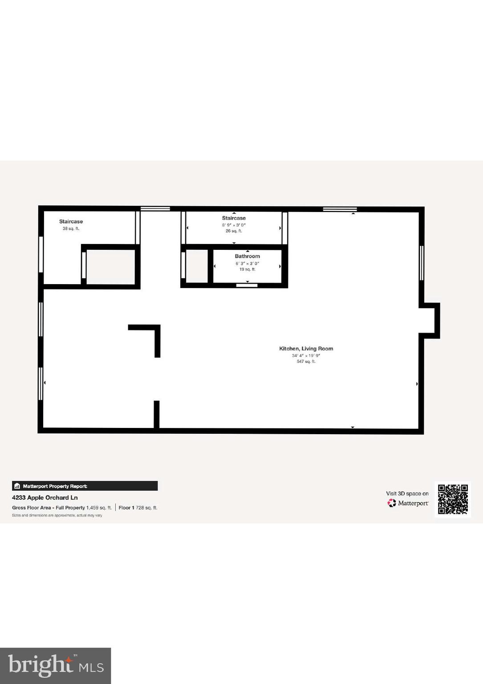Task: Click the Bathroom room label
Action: pyautogui.click(x=247, y=256)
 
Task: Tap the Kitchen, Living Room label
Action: pyautogui.click(x=306, y=349)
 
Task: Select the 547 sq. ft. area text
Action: pyautogui.click(x=306, y=362)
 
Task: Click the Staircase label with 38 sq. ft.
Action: pyautogui.click(x=71, y=221)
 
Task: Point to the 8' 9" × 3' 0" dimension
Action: pyautogui.click(x=234, y=225)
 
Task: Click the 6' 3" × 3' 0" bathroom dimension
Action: pyautogui.click(x=247, y=264)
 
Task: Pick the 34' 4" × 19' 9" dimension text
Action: pyautogui.click(x=306, y=355)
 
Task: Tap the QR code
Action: pyautogui.click(x=453, y=499)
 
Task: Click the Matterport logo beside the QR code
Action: pyautogui.click(x=408, y=503)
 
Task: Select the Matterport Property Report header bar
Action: pyautogui.click(x=85, y=486)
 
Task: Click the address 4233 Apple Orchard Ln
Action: pyautogui.click(x=45, y=497)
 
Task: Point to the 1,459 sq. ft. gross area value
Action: pyautogui.click(x=99, y=508)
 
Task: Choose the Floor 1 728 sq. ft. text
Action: pyautogui.click(x=138, y=508)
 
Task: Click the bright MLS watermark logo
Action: pyautogui.click(x=55, y=666)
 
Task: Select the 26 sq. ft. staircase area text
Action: pyautogui.click(x=234, y=231)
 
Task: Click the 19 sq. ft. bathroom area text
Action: pyautogui.click(x=247, y=269)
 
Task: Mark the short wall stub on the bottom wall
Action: pyautogui.click(x=157, y=414)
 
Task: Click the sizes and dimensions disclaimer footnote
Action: pyautogui.click(x=57, y=515)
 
